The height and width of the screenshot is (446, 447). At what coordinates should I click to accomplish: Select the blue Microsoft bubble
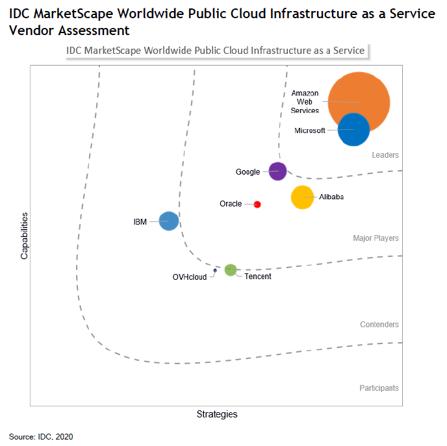coord(353,129)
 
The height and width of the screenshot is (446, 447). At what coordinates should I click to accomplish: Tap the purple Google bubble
coord(277,171)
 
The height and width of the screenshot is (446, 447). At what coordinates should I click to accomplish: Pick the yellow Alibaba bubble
coord(302,197)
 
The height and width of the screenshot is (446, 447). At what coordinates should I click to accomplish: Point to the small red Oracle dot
coord(257,204)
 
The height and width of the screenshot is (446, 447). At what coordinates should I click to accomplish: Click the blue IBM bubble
coord(169,221)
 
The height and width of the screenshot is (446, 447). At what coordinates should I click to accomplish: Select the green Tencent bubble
coord(231,270)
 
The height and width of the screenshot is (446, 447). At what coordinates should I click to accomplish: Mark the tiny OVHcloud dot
coord(215,271)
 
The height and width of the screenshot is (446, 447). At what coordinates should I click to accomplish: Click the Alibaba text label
coord(331,197)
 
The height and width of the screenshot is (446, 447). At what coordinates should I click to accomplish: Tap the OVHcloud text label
coord(189,277)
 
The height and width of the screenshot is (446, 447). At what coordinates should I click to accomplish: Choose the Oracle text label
coord(231,204)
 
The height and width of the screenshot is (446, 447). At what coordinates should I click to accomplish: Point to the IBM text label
coord(140,222)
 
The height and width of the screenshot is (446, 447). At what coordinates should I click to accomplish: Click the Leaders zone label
coord(385,155)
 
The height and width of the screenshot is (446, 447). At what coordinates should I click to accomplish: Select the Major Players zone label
coord(376,238)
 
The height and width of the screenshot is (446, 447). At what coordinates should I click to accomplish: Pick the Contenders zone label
coord(379,325)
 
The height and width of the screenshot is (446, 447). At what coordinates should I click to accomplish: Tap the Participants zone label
coord(379,388)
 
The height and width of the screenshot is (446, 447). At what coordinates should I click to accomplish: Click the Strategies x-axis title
coord(217,414)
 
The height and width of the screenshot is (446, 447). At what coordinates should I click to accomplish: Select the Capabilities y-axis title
coord(25,235)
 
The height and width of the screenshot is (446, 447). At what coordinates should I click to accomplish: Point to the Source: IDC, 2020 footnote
coord(41,436)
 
